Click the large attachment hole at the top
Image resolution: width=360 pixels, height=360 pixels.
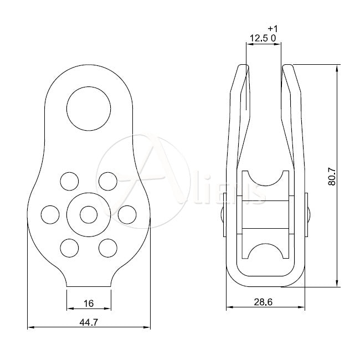click(89, 108)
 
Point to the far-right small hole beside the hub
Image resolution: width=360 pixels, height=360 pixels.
click(127, 213)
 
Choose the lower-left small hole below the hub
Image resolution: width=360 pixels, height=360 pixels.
click(69, 246)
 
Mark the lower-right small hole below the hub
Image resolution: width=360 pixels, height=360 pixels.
click(108, 246)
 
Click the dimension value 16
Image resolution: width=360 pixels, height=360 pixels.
click(89, 303)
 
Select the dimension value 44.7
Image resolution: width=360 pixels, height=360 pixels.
click(89, 322)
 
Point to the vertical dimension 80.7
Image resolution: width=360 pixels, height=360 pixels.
click(332, 176)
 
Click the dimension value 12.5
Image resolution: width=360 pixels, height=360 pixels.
click(259, 38)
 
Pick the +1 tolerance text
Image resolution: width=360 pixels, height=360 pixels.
click(272, 28)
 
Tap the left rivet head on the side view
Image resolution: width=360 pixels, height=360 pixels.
click(222, 214)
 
